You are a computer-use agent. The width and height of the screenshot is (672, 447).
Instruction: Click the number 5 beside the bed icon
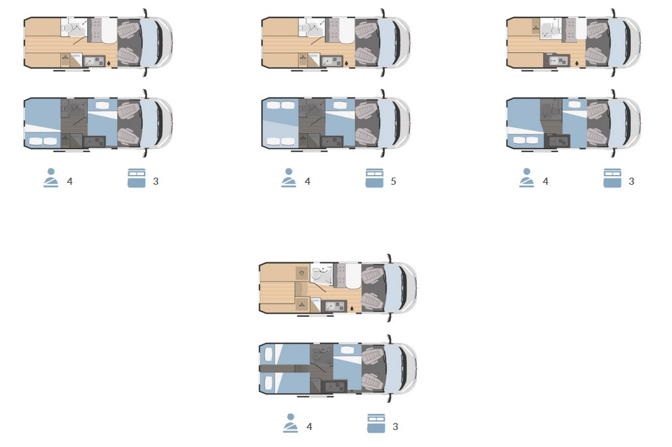click(x=393, y=182)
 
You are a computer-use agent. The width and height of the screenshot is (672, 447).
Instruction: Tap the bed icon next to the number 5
click(x=374, y=178)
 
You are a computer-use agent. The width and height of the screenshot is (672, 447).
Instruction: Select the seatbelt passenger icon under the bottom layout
click(x=290, y=423)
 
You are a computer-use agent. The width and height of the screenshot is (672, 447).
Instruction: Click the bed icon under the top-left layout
click(x=137, y=178)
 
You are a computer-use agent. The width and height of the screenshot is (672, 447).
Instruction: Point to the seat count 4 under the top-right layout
click(x=546, y=182)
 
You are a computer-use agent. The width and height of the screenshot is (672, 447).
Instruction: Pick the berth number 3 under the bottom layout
click(x=395, y=427)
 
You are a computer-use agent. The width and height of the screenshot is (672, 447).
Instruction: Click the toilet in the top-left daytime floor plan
click(x=66, y=28)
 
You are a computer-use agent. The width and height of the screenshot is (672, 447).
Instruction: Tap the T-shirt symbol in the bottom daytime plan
click(x=301, y=273)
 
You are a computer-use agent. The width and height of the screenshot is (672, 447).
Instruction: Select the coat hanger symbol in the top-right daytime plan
click(x=536, y=29)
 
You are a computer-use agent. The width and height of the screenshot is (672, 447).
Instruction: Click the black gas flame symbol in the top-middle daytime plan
click(x=346, y=63)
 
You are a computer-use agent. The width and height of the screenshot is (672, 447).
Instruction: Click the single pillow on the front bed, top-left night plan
click(x=102, y=105)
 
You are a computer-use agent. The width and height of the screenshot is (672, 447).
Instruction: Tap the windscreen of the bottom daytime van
click(x=395, y=287)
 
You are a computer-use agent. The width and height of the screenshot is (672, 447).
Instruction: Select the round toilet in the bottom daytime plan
click(x=316, y=275)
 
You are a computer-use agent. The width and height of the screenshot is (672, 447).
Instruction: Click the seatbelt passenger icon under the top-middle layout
click(x=289, y=178)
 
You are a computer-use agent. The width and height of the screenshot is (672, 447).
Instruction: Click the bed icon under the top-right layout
click(x=613, y=178)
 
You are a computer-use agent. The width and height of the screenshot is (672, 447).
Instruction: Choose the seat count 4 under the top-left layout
click(x=70, y=182)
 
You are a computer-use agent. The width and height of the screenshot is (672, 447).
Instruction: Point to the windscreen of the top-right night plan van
click(x=620, y=124)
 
